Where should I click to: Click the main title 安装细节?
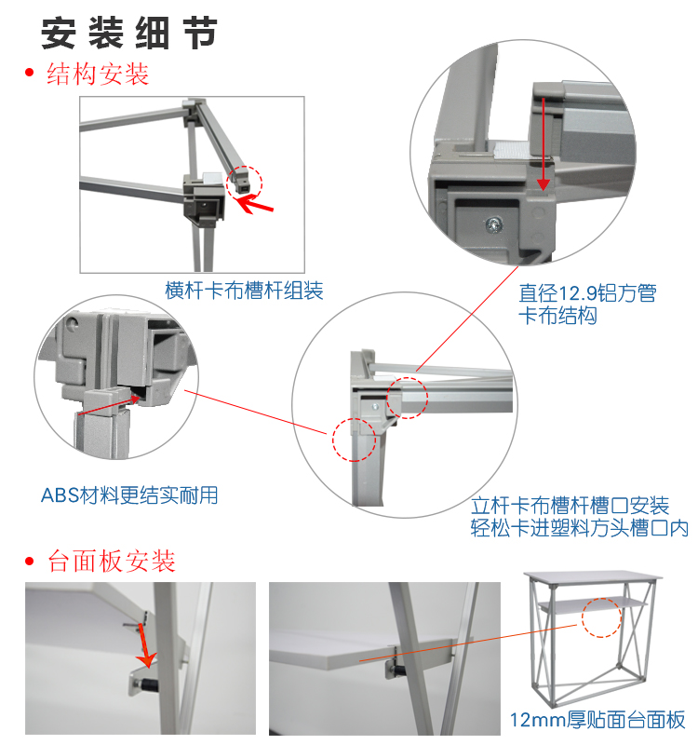(129, 34)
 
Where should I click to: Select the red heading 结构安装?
(98, 74)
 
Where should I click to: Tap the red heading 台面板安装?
(112, 562)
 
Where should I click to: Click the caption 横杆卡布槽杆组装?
(244, 291)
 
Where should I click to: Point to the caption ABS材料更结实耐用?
(129, 495)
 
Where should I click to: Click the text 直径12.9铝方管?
(587, 293)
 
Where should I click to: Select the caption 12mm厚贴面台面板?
(597, 720)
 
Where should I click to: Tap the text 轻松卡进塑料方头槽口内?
(579, 528)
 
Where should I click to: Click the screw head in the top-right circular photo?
(494, 224)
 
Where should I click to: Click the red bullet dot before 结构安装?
(30, 73)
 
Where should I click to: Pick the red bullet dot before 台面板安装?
(30, 562)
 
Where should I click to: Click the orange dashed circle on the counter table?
(601, 617)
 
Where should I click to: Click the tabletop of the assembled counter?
(593, 578)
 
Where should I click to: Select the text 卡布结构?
(557, 316)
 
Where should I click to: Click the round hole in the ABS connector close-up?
(72, 324)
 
